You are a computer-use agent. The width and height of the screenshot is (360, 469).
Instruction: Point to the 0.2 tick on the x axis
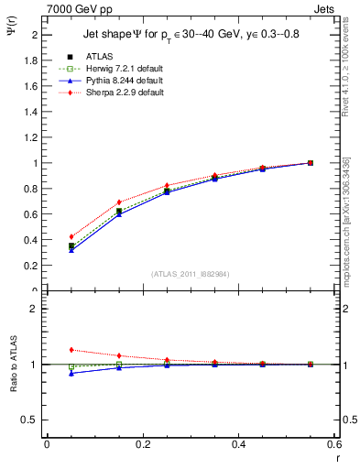click(x=142, y=443)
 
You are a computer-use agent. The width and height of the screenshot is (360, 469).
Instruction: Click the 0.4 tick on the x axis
click(x=238, y=443)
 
